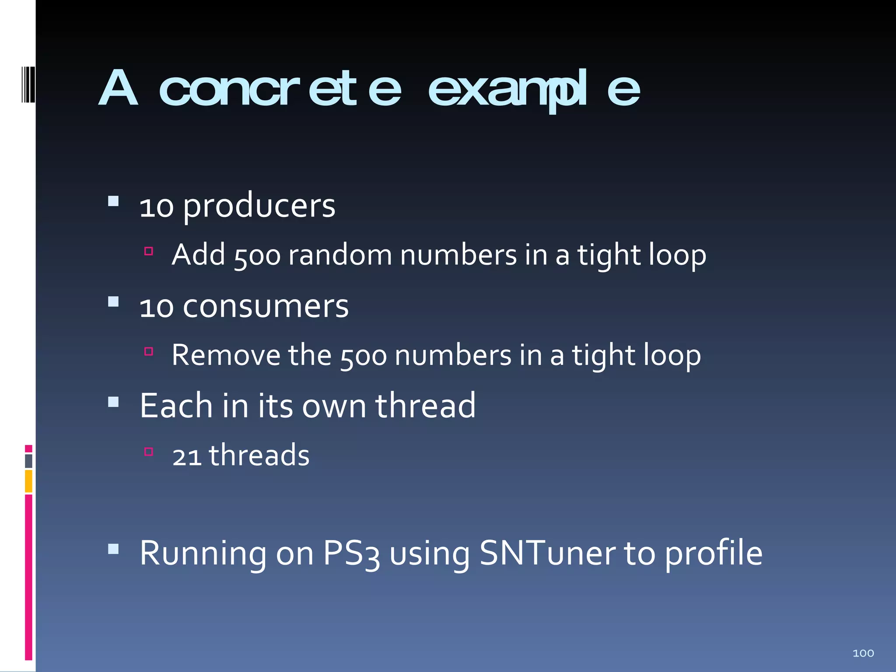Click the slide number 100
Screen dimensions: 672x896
[863, 653]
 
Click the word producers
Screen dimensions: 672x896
[259, 206]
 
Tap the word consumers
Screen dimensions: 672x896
[266, 306]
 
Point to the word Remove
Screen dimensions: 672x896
[226, 355]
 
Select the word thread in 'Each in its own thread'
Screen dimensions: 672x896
[425, 406]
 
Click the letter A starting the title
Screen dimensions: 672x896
[118, 89]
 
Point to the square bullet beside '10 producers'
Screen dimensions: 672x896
[113, 201]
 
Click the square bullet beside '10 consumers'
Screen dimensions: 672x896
[113, 301]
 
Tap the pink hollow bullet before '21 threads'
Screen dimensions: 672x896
[149, 451]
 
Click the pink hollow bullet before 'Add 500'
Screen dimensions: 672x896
[149, 251]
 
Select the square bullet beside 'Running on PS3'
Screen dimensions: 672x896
[113, 549]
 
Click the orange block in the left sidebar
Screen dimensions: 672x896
[28, 481]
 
